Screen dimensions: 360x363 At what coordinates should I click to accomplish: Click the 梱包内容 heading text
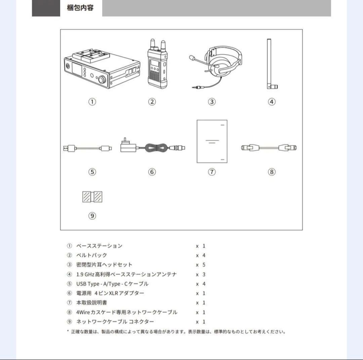coord(80,8)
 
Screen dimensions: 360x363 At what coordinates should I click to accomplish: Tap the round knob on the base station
coord(102,80)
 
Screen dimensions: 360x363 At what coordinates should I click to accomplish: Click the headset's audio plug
coord(195,87)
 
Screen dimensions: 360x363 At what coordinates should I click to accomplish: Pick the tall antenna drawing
coord(271,64)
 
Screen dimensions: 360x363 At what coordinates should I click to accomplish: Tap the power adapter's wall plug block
coord(127,147)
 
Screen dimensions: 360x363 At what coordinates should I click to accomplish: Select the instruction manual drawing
coord(212,141)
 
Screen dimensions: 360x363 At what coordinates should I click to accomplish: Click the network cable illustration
coord(269,147)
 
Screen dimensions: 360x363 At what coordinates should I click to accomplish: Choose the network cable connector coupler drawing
coord(92,197)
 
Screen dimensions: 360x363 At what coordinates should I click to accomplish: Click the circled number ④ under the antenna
coord(272,102)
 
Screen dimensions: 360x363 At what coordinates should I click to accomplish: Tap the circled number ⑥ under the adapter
coord(152,172)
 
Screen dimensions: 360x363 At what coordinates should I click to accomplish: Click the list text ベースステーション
coord(99,246)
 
